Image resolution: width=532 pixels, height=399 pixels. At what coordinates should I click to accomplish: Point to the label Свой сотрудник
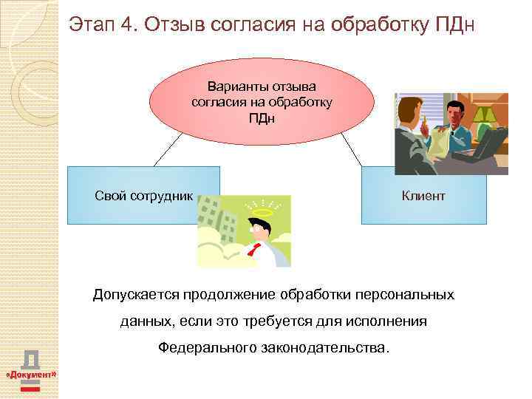[x=144, y=196]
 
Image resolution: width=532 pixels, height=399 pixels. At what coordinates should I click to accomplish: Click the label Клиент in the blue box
[x=423, y=196]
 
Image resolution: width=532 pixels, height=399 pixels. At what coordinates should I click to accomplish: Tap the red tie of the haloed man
[x=256, y=249]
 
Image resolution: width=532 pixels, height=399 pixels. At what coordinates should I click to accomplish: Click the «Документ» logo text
[x=31, y=375]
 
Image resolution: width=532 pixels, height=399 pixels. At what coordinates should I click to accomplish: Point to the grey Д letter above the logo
[x=31, y=358]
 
